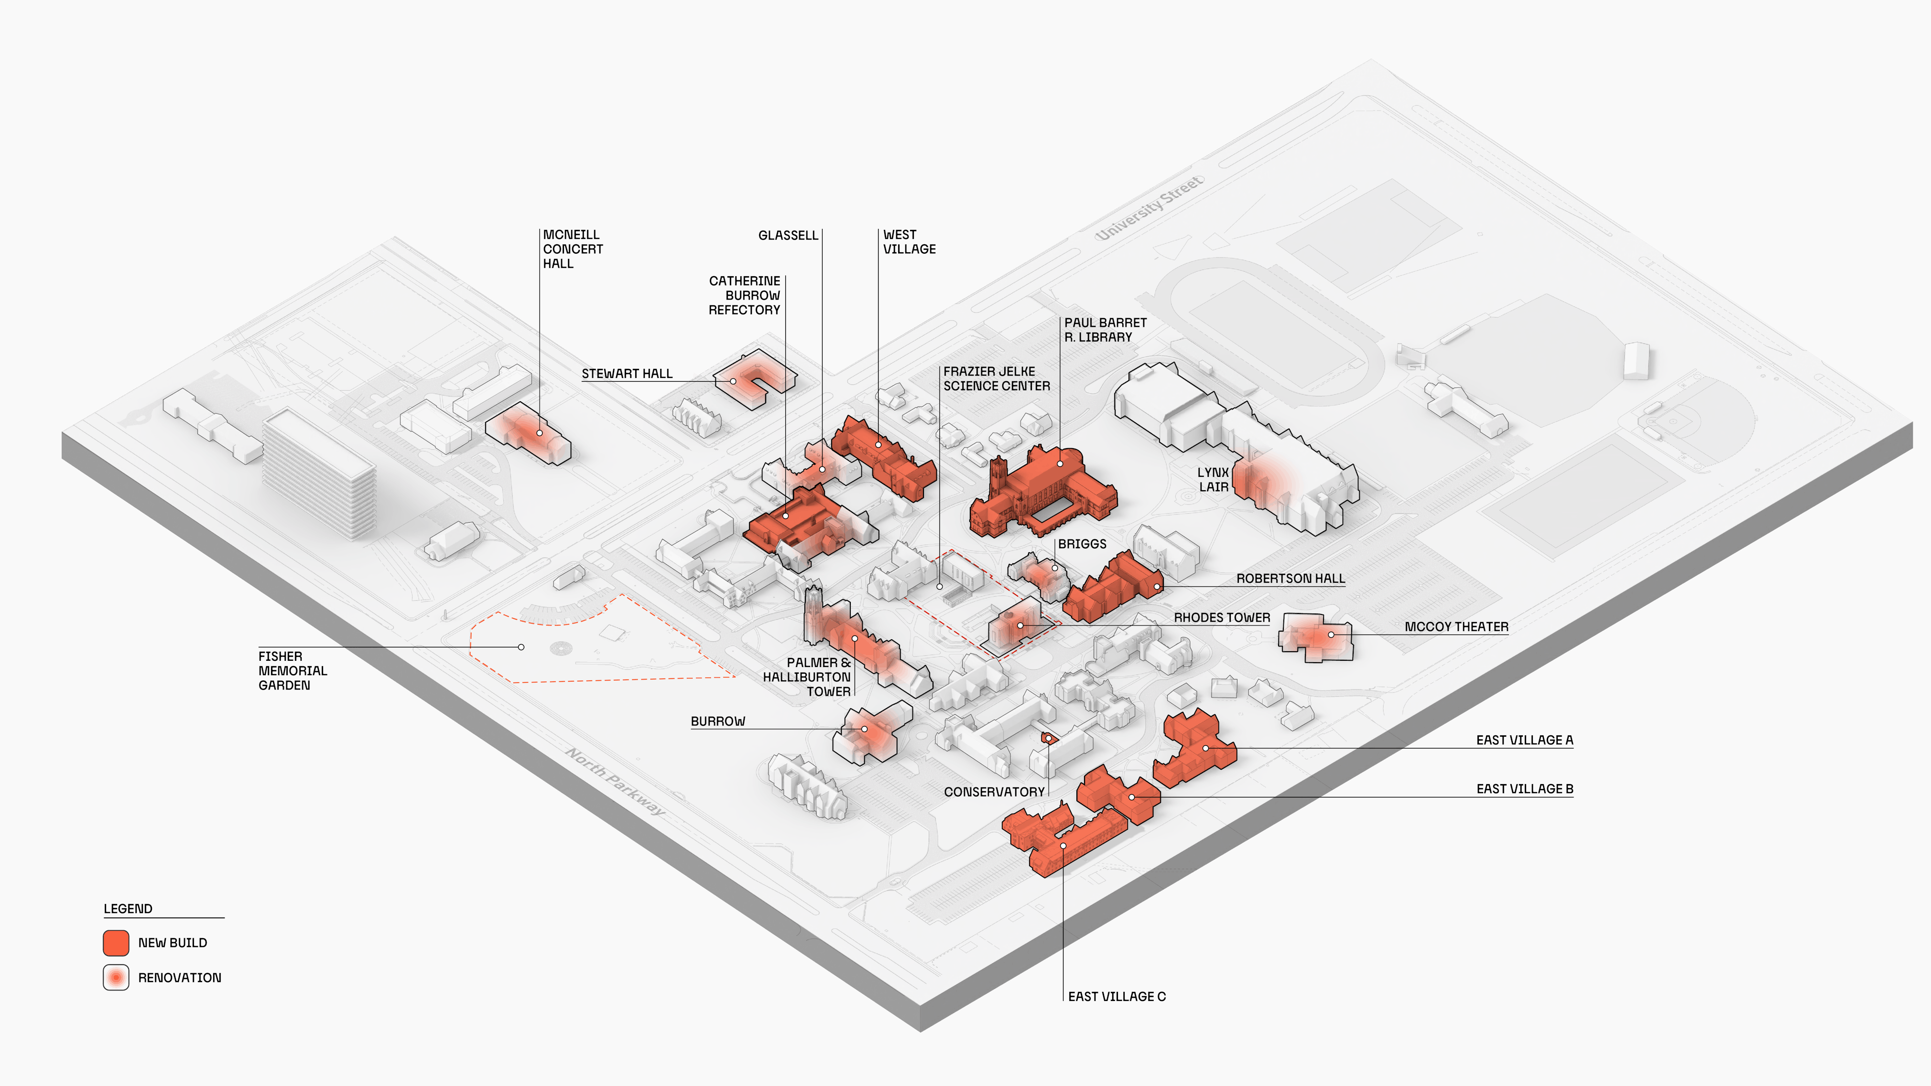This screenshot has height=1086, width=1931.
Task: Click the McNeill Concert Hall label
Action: point(572,249)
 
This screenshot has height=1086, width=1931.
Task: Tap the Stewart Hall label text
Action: point(627,373)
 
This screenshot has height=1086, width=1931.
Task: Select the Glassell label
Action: point(788,236)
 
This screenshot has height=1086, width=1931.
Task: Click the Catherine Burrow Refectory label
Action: point(744,295)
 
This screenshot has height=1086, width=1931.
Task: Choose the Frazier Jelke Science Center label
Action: point(996,378)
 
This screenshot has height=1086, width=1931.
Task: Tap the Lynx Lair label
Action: point(1213,480)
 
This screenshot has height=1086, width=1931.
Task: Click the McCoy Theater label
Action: point(1456,626)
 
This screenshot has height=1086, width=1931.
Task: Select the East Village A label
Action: point(1524,740)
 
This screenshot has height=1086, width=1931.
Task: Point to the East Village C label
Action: point(1116,996)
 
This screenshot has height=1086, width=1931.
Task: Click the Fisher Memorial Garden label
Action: point(293,671)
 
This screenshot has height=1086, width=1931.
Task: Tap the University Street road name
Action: point(1149,208)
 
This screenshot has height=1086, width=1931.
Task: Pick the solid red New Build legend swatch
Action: point(116,943)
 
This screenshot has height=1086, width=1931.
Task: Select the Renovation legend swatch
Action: point(116,978)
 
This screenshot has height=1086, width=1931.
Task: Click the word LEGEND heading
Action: point(128,908)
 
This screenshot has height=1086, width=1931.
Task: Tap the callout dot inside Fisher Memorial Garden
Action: point(521,647)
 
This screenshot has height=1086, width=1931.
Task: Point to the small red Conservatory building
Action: point(1048,738)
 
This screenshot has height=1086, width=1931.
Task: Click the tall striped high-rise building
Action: point(319,472)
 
